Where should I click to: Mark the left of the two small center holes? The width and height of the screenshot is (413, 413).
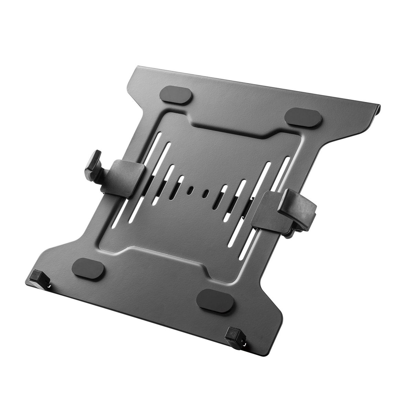190,190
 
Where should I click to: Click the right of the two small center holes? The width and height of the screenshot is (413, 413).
207,193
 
